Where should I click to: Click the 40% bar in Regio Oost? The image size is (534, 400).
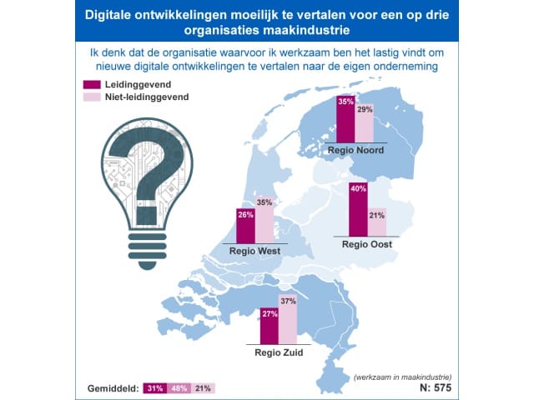(358, 209)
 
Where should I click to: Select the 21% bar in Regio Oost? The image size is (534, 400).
(377, 222)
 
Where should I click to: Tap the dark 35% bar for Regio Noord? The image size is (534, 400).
(345, 119)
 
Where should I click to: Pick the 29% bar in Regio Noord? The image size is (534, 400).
(365, 123)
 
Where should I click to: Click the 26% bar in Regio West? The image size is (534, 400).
(245, 226)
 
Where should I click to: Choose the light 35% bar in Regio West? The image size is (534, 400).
(264, 220)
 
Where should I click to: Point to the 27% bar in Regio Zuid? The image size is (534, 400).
(270, 326)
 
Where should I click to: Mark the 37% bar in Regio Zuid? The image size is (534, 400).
(288, 319)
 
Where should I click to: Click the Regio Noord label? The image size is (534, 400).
(355, 150)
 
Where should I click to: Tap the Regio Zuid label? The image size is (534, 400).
(279, 352)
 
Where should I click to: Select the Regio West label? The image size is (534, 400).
(254, 251)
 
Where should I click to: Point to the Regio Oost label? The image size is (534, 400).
(367, 244)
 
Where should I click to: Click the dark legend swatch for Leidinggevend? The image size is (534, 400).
(92, 84)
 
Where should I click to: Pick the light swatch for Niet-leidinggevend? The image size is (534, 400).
(92, 97)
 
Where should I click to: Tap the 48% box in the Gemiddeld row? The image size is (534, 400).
(179, 388)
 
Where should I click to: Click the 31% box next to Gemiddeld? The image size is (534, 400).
(155, 388)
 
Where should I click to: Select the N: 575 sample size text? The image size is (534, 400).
(436, 387)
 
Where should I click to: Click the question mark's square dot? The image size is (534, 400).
(147, 215)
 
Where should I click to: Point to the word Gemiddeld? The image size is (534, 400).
(113, 388)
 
